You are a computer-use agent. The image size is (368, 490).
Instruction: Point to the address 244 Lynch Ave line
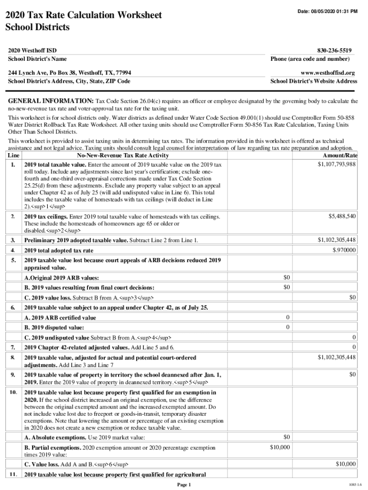(70, 72)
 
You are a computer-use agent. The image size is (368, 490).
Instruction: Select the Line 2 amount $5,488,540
(342, 216)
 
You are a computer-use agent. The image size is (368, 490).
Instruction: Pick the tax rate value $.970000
(344, 250)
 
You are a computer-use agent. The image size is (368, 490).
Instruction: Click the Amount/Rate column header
(340, 156)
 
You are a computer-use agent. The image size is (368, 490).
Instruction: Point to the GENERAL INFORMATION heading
(50, 101)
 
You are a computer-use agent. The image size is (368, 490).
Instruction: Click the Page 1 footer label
(184, 484)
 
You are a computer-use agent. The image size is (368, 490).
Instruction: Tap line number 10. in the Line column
(13, 392)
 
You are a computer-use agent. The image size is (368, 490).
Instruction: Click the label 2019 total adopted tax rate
(59, 250)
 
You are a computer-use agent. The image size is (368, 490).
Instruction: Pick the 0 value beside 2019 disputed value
(287, 327)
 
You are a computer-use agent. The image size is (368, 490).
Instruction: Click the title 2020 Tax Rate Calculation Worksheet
(83, 15)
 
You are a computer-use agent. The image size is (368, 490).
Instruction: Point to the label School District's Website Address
(314, 81)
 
